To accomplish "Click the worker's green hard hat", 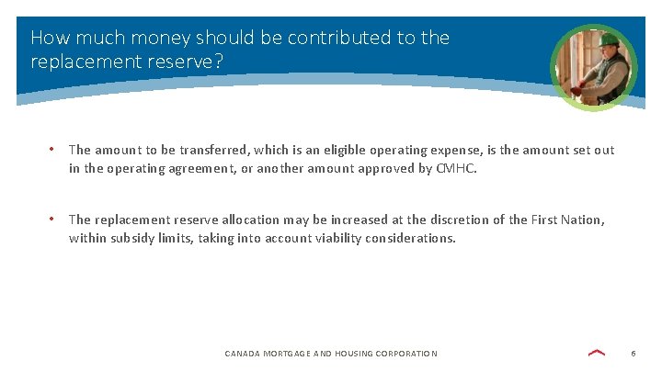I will [x=606, y=40].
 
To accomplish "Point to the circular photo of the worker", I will [x=593, y=67].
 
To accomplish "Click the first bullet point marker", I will [x=52, y=149].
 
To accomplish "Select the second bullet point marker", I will [x=52, y=219].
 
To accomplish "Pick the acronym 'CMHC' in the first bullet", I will [x=457, y=169].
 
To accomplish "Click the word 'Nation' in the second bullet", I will [x=582, y=220].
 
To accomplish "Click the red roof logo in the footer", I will [x=597, y=352].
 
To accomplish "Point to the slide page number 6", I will [x=633, y=353].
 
